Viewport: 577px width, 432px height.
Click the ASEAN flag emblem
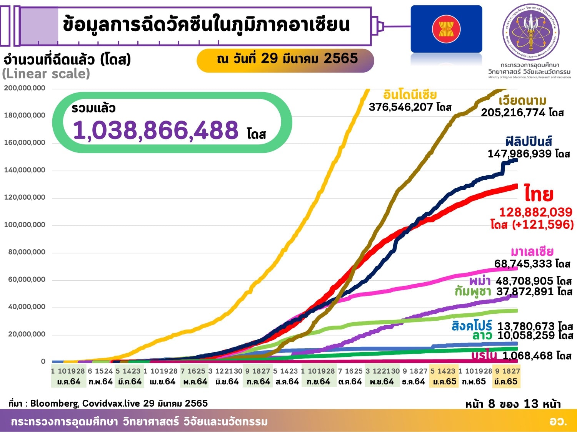(x=446, y=29)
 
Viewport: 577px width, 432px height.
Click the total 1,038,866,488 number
(x=155, y=130)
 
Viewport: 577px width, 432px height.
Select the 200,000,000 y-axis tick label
(x=25, y=88)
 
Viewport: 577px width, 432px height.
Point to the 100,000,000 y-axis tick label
(x=25, y=225)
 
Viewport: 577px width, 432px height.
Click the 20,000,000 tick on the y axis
(x=27, y=334)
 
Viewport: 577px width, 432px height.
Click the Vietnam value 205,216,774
(x=513, y=113)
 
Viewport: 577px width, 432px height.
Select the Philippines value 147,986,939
(x=519, y=154)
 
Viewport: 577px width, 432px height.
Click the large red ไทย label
(x=539, y=194)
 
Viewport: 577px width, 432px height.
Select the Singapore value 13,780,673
(x=526, y=326)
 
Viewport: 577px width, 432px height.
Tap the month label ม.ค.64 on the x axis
(x=68, y=382)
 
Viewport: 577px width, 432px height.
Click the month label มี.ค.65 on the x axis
(x=506, y=382)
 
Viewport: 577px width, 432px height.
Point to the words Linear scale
(x=46, y=73)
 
